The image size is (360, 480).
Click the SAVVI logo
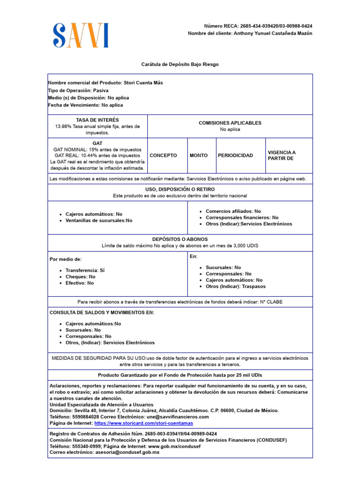81,36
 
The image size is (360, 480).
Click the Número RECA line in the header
258,26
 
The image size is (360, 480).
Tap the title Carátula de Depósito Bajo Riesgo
180,64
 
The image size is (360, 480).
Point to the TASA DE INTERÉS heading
97,120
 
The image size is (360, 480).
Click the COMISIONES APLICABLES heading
230,123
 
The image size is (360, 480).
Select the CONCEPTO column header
163,156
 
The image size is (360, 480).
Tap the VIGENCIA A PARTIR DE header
282,156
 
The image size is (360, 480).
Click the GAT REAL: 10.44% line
97,155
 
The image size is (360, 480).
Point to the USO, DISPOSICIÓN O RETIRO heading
180,189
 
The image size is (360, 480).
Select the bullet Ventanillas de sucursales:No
99,220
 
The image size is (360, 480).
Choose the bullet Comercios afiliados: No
233,211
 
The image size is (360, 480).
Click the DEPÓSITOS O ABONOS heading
180,239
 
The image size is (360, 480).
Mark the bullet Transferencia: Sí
85,270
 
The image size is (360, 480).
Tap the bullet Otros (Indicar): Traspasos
235,286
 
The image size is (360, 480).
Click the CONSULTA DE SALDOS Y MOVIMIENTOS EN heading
102,313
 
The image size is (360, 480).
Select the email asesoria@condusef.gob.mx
127,452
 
